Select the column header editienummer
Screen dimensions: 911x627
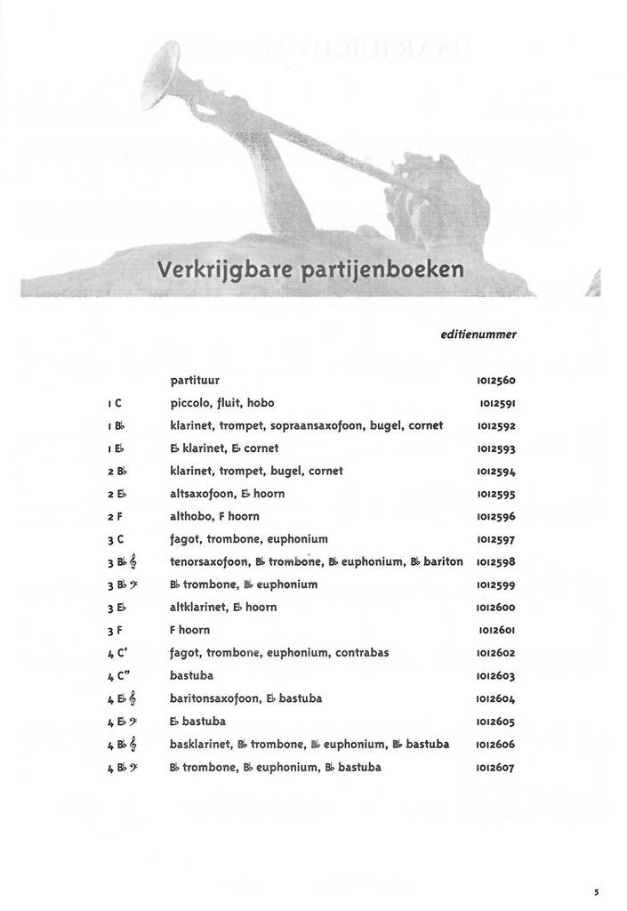pos(478,335)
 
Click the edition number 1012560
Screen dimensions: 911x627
pos(496,381)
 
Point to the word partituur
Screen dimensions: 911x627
pos(195,380)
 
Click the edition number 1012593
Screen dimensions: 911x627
pos(496,449)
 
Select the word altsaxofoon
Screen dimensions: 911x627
pos(199,494)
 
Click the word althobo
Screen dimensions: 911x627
pos(189,516)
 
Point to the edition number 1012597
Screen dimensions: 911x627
pos(496,540)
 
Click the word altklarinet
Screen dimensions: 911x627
pos(198,607)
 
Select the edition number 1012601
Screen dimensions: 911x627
pos(496,631)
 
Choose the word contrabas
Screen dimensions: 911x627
pos(362,652)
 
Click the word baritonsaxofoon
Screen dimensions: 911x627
pos(214,698)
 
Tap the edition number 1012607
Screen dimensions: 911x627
pos(496,768)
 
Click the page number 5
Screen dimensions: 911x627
pos(597,891)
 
